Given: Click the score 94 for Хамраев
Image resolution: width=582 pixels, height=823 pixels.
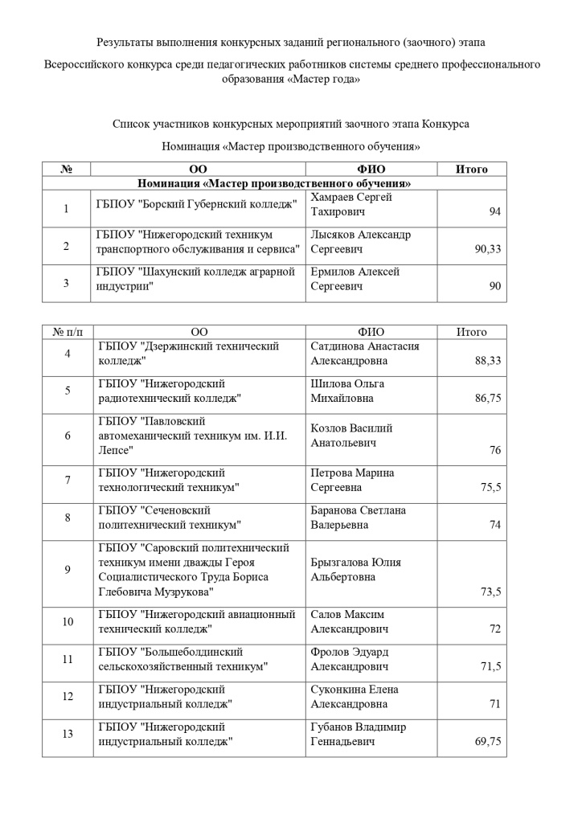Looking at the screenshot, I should coord(494,211).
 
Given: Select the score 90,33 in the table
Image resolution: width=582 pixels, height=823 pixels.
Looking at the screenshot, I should coord(487,249).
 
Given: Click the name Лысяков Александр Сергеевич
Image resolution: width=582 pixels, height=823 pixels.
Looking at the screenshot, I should coord(360,242).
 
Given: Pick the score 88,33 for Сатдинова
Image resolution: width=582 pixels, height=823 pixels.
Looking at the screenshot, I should coord(488,361).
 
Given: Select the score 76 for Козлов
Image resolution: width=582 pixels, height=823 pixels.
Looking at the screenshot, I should coord(494,450).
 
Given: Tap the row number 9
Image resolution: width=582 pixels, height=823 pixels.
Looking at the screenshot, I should coord(68,570).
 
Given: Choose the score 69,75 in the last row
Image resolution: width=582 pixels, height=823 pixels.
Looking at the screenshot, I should coord(488,742).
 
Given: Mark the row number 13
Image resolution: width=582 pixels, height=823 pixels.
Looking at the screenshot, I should coord(68,735).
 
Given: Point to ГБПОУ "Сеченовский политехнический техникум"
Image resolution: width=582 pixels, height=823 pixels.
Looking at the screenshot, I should coord(170,518).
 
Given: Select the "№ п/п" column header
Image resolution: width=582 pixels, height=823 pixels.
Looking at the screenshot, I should coord(68,332).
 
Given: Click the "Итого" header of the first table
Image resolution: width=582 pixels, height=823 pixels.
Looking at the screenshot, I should coord(471,169).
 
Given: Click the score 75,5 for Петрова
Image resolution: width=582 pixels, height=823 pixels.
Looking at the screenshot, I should coord(490,488).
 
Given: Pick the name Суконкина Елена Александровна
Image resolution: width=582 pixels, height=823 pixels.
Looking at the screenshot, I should coord(355,697).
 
